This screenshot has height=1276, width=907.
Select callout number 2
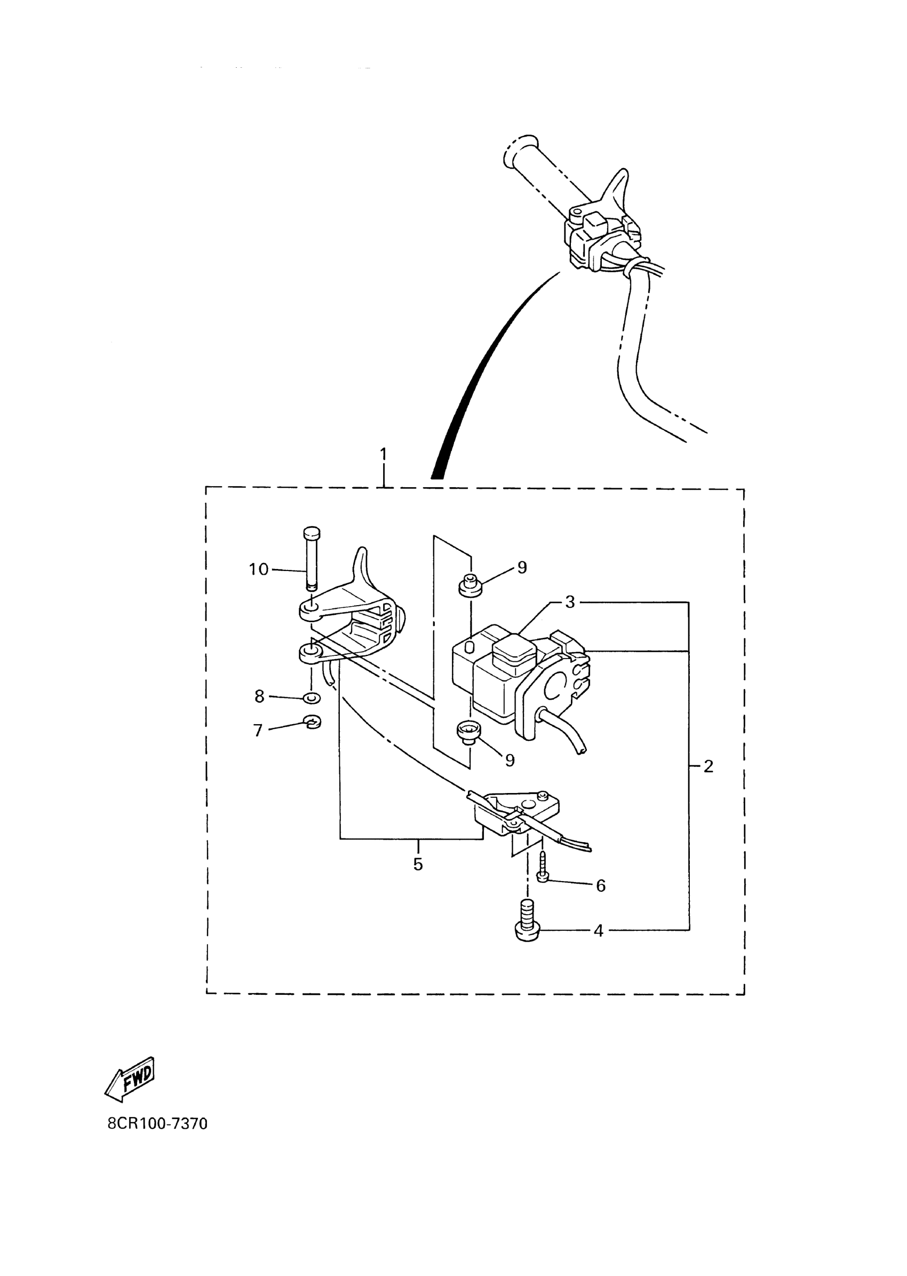[708, 766]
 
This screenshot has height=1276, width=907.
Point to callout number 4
[598, 931]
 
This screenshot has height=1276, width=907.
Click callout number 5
[418, 864]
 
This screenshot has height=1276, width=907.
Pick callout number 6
[600, 885]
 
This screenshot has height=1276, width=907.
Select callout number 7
[258, 730]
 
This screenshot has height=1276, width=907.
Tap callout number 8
[259, 696]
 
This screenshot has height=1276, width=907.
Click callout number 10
[259, 569]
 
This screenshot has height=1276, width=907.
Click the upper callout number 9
[522, 567]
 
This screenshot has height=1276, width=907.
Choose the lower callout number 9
[510, 760]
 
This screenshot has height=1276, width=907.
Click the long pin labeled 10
[311, 559]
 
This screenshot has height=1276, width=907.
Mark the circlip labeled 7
[312, 723]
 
